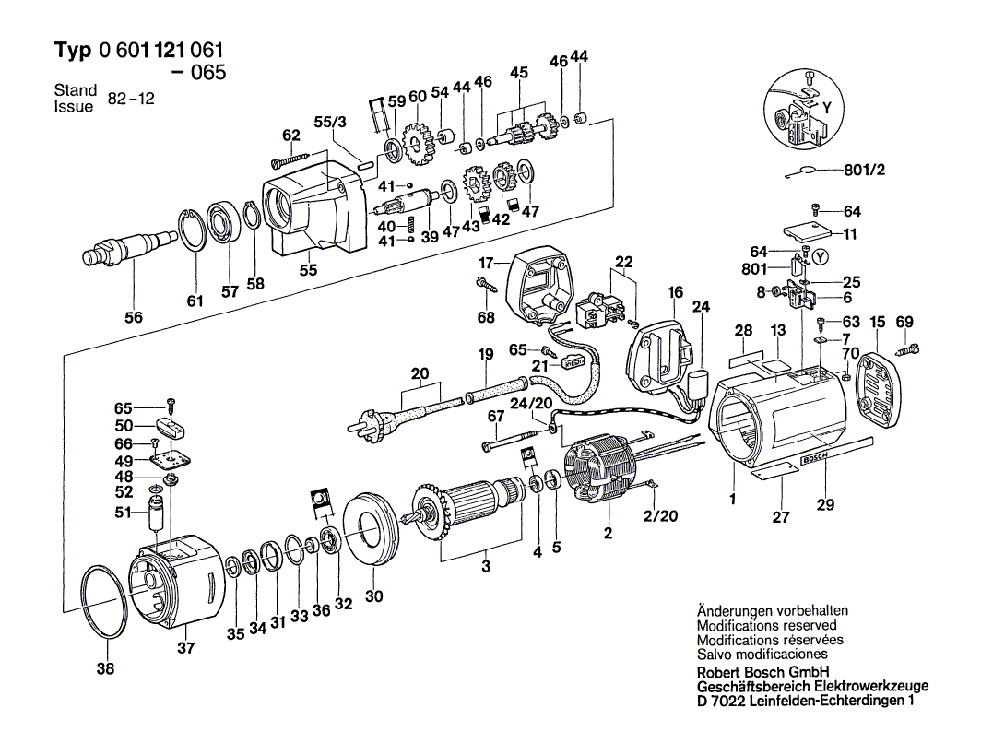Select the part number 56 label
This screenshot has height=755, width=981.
point(135,317)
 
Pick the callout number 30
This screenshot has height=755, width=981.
point(373,596)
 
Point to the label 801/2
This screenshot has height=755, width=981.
point(864,170)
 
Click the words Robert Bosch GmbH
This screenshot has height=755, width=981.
point(763,672)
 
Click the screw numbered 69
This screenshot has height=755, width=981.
point(909,347)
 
